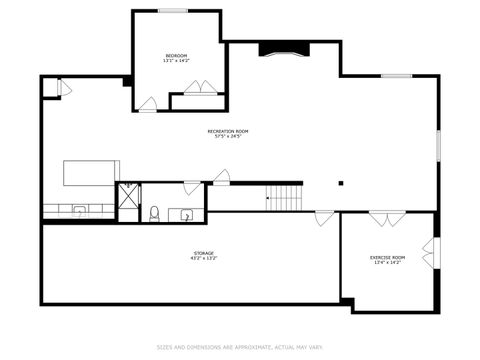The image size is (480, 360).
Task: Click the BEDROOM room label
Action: point(176,58)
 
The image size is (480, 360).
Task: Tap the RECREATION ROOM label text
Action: point(228,133)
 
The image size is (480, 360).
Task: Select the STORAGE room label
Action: point(204,256)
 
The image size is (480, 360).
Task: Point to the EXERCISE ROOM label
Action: point(387,260)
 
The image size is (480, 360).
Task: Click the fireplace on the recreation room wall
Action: point(278,49)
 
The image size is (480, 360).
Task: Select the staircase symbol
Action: point(285,197)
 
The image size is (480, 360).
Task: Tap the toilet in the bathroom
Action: point(155,212)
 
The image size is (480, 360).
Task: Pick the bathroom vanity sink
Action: point(187,215)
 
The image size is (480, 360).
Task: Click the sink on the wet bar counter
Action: point(79,211)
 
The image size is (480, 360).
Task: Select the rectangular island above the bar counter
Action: point(92,173)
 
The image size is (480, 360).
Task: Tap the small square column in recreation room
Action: point(341,183)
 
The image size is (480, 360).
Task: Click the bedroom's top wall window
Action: point(174,11)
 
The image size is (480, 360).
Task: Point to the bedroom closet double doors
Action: point(199,88)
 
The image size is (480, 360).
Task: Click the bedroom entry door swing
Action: point(148,104)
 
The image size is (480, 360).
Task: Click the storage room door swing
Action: point(324,217)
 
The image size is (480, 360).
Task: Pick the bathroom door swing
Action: point(191,187)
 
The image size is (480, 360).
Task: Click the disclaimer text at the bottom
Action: point(240,348)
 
